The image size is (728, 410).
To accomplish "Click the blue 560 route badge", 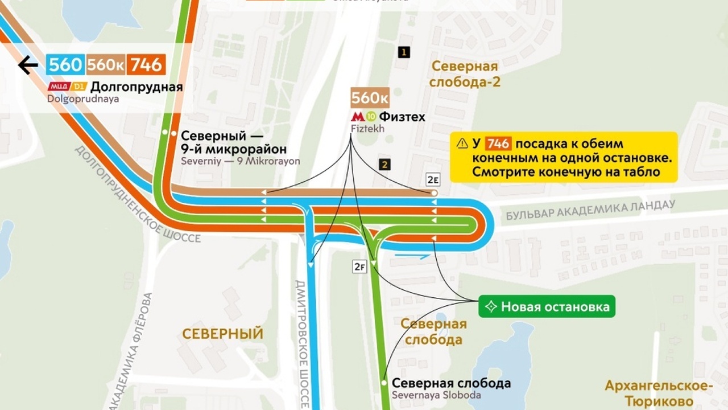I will tap(65, 65).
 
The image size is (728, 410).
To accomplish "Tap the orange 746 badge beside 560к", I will tap(146, 65).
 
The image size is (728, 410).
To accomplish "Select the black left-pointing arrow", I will tap(27, 65).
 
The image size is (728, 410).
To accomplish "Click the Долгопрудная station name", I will tap(136, 87).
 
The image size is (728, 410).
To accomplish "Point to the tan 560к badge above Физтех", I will tap(370, 98).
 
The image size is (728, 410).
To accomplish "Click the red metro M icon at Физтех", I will tap(357, 117).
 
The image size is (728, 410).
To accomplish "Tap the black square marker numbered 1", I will tap(404, 52).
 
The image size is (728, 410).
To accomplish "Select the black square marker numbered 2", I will tap(386, 165).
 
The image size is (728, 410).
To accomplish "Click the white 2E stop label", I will tap(433, 180).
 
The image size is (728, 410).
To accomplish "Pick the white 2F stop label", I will tap(359, 266).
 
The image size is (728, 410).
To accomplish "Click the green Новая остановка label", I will tap(547, 307).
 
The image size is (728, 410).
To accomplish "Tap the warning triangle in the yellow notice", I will tap(461, 143).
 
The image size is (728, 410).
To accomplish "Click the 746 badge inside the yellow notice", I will tap(498, 143).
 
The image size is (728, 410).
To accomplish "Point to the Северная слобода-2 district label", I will tap(465, 74).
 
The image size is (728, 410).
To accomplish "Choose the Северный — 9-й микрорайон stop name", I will tap(213, 143).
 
